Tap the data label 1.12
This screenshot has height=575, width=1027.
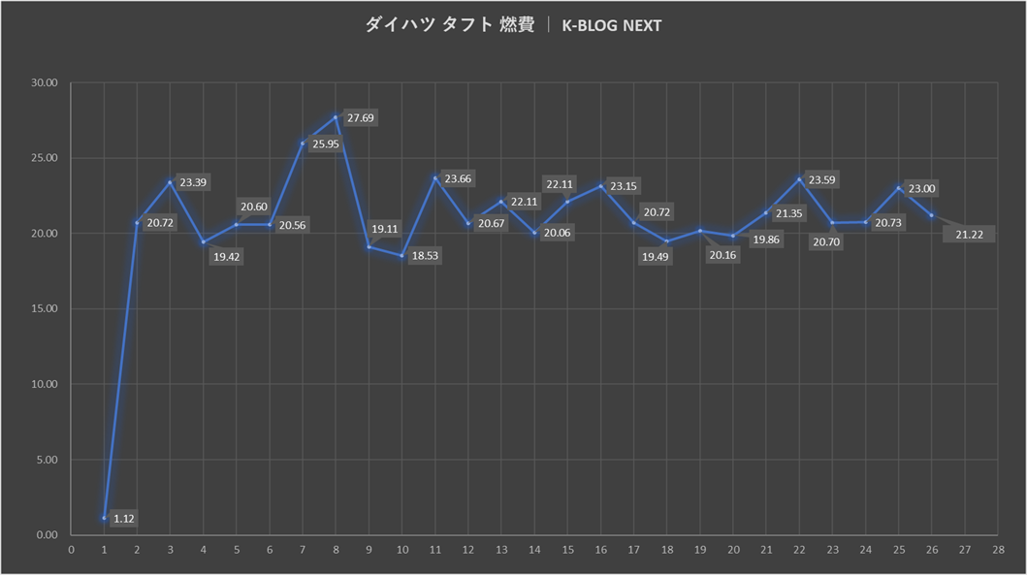click(124, 519)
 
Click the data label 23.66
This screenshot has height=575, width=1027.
click(458, 178)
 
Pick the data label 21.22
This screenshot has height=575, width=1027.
click(974, 236)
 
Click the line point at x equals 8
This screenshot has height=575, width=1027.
click(336, 117)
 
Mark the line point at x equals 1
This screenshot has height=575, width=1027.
click(104, 518)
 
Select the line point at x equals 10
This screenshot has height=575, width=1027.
click(401, 256)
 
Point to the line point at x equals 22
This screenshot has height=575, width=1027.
click(799, 178)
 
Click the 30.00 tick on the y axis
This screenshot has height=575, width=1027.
click(46, 83)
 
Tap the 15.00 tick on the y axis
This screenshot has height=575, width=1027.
click(46, 309)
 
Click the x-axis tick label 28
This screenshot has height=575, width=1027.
click(997, 550)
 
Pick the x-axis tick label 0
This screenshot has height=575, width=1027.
click(71, 550)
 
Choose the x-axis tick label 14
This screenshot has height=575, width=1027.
click(534, 550)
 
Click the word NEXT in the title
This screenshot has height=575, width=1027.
click(641, 26)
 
